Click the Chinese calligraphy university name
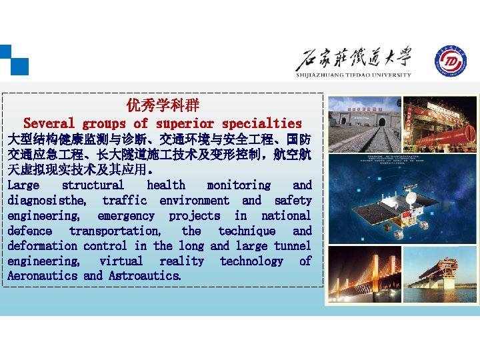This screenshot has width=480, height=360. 353,59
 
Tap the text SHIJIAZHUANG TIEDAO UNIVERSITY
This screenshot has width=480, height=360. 353,75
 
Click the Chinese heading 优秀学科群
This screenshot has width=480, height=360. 163,106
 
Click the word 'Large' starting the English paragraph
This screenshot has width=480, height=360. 23,185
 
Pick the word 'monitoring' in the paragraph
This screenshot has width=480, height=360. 239,185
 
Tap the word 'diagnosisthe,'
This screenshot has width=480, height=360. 47,201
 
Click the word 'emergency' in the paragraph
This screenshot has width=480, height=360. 126,216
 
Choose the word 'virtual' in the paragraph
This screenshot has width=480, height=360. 121,261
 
